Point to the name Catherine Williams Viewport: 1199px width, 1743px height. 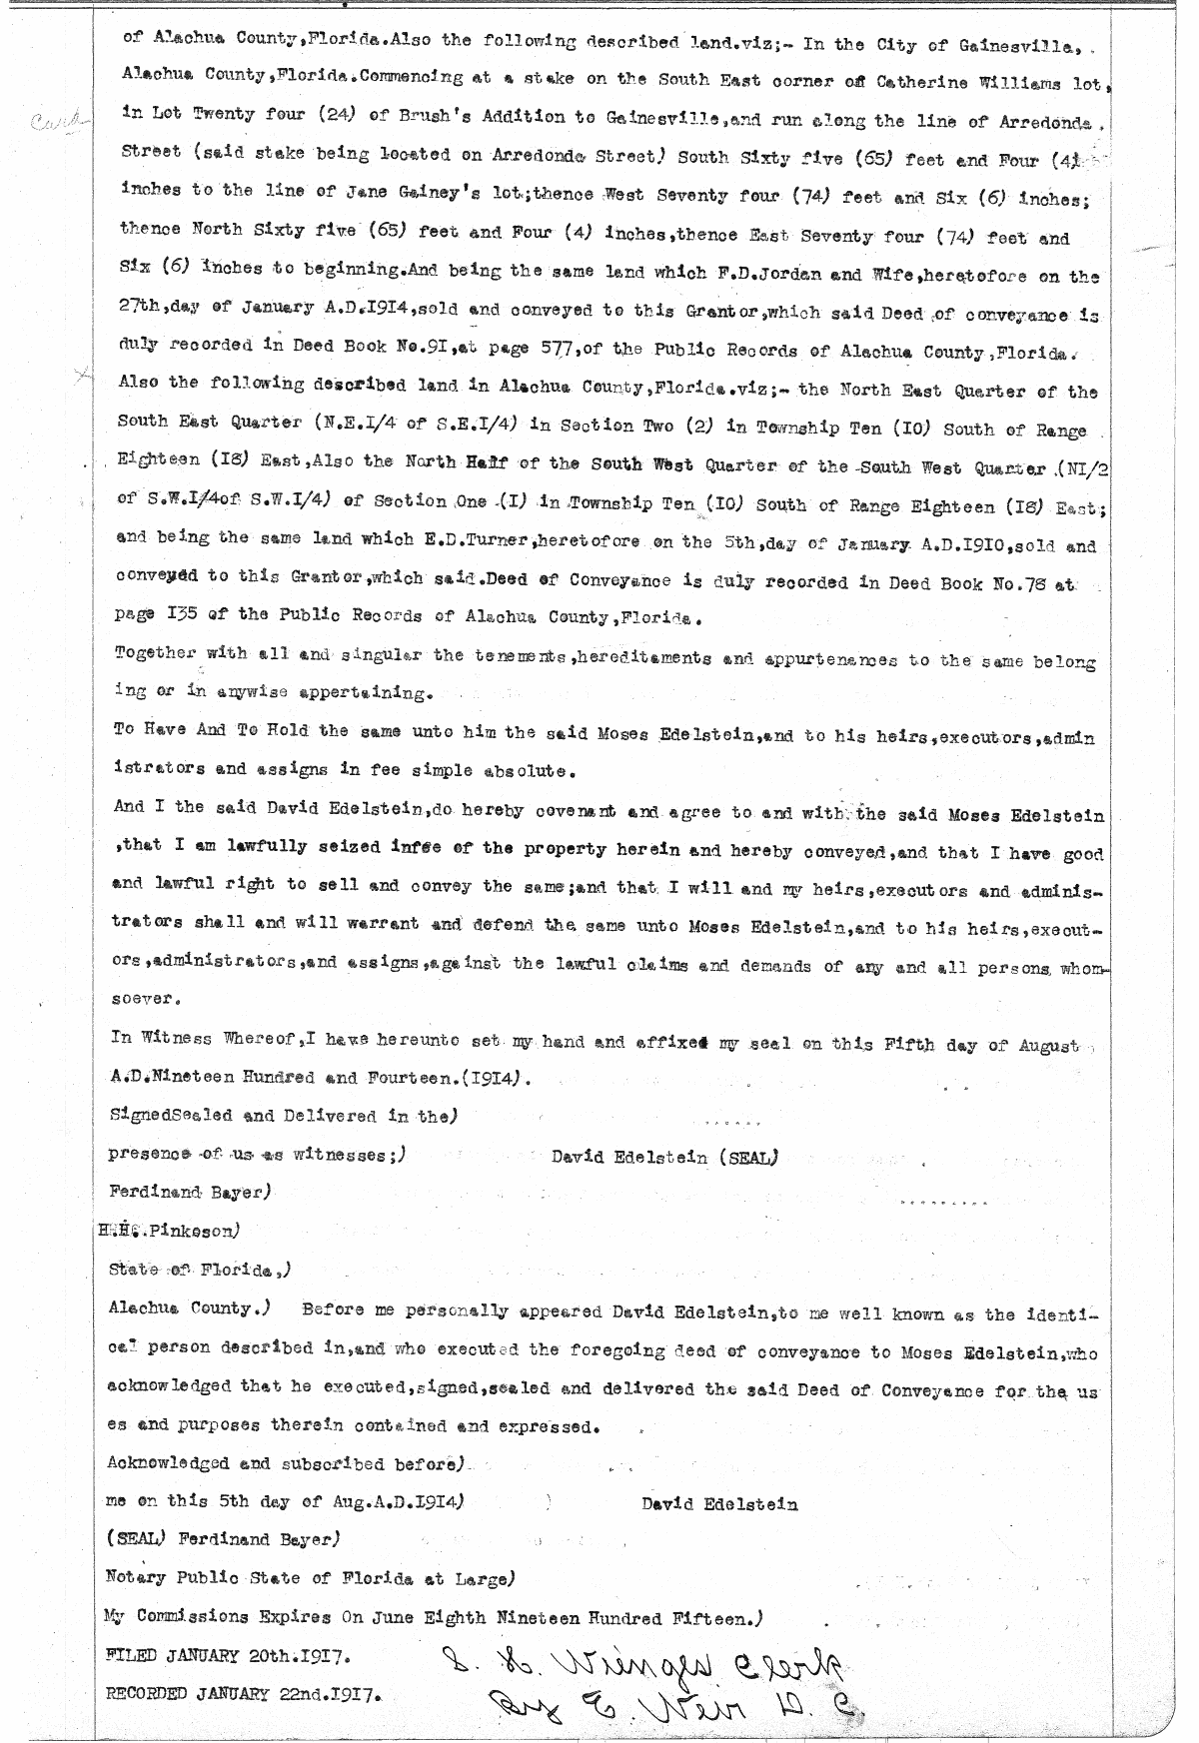point(1010,85)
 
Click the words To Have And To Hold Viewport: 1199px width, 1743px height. point(212,730)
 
